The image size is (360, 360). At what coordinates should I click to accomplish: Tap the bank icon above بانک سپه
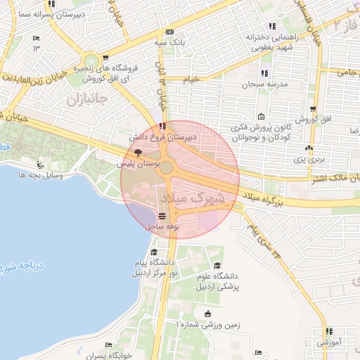click(x=169, y=32)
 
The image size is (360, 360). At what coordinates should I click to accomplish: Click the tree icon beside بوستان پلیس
click(x=138, y=152)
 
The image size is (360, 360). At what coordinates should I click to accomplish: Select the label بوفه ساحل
click(x=163, y=227)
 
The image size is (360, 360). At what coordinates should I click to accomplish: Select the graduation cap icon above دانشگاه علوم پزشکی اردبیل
click(x=217, y=265)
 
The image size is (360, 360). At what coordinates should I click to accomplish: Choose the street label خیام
click(x=191, y=79)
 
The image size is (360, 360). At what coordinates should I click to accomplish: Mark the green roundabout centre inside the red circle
click(x=166, y=167)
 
